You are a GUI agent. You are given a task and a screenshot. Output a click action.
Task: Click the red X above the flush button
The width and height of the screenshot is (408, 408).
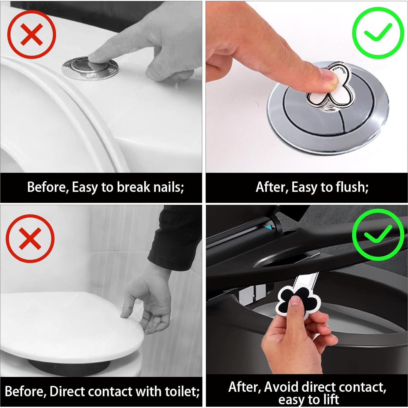(32, 34)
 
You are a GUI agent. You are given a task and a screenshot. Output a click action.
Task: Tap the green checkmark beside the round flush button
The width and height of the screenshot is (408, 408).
(378, 33)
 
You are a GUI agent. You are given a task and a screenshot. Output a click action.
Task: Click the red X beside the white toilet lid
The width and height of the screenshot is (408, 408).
(30, 238)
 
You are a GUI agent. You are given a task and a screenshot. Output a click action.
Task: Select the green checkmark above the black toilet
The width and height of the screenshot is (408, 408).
(378, 235)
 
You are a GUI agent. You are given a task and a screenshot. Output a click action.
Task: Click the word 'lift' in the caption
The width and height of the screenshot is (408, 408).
(331, 400)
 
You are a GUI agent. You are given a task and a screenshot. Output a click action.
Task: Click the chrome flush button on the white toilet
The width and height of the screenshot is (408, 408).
(90, 68)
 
